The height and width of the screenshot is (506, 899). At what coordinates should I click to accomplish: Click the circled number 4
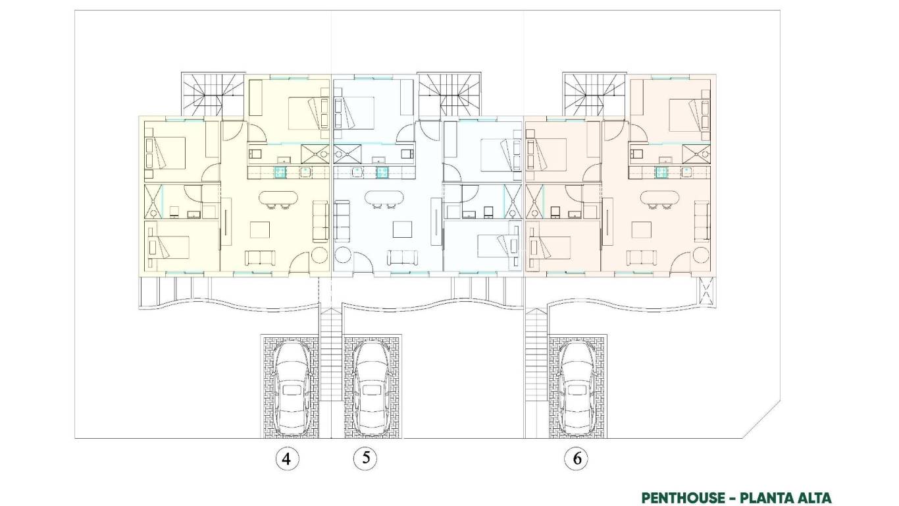[286, 459]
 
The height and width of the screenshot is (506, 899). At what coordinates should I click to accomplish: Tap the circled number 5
[365, 459]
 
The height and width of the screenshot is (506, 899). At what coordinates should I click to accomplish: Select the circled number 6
[577, 459]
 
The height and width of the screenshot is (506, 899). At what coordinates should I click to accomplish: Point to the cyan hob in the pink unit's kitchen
[663, 173]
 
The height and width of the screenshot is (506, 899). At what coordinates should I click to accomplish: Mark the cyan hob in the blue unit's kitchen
[382, 173]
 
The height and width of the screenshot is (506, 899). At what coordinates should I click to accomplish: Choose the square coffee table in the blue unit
[402, 230]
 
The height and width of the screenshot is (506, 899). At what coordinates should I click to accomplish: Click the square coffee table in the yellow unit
[260, 230]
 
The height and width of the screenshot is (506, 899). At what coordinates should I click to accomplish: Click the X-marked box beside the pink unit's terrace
[707, 291]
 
